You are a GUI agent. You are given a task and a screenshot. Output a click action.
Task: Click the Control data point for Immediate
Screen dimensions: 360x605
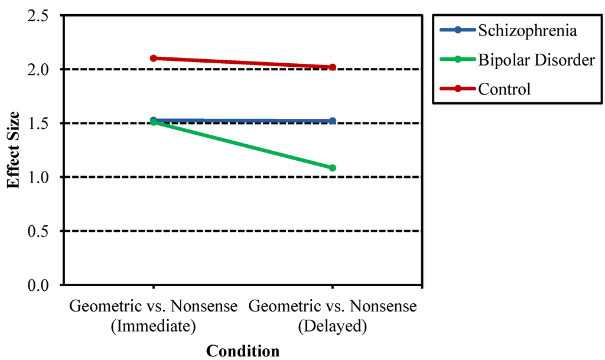point(153,58)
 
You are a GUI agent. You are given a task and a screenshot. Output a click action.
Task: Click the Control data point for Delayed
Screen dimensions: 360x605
point(333,67)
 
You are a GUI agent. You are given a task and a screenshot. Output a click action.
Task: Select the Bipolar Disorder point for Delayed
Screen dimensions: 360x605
point(333,168)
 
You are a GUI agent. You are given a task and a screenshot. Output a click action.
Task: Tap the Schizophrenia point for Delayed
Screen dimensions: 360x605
point(333,121)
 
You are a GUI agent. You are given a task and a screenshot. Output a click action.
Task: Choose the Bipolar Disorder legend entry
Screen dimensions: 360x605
point(536,60)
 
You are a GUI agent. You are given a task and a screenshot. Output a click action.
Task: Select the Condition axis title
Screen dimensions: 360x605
point(242,351)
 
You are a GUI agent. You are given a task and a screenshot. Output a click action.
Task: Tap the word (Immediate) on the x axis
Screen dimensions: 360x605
point(153,326)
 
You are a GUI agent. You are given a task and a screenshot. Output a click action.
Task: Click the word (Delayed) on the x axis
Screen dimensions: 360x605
point(333,326)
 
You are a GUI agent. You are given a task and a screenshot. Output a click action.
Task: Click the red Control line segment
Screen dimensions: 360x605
point(242,63)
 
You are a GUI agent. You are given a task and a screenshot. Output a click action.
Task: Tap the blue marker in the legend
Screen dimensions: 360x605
point(457,31)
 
